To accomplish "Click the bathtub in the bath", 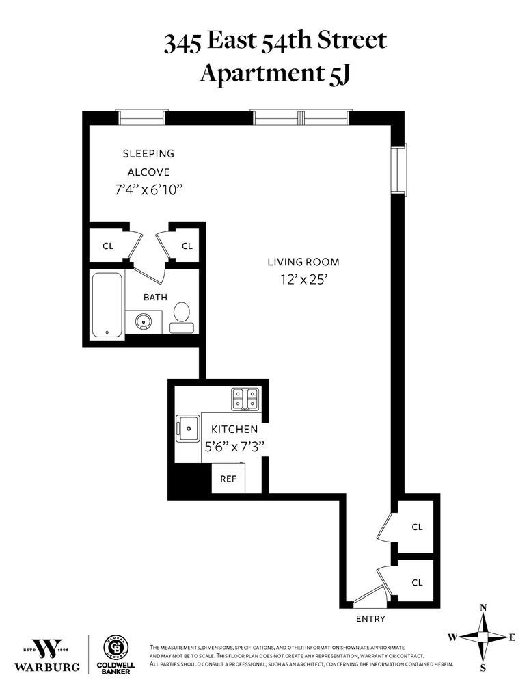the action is pyautogui.click(x=107, y=305).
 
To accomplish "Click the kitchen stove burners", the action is pyautogui.click(x=245, y=399).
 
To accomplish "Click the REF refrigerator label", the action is pyautogui.click(x=228, y=479).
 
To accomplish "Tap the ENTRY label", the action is pyautogui.click(x=370, y=618).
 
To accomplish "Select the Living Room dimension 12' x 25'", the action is pyautogui.click(x=303, y=280).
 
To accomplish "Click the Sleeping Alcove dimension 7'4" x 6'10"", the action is pyautogui.click(x=148, y=190).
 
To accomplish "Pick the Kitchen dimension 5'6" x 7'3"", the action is pyautogui.click(x=235, y=447).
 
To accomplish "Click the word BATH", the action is pyautogui.click(x=156, y=297).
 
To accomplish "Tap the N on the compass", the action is pyautogui.click(x=483, y=607).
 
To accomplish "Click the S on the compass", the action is pyautogui.click(x=483, y=668).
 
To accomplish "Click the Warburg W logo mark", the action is pyautogui.click(x=47, y=648).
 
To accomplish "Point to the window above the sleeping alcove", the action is pyautogui.click(x=141, y=118).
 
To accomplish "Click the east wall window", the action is pyautogui.click(x=398, y=168).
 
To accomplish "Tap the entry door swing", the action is pyautogui.click(x=370, y=595).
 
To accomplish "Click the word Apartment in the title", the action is pyautogui.click(x=260, y=73).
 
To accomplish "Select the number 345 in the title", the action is pyautogui.click(x=182, y=43).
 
